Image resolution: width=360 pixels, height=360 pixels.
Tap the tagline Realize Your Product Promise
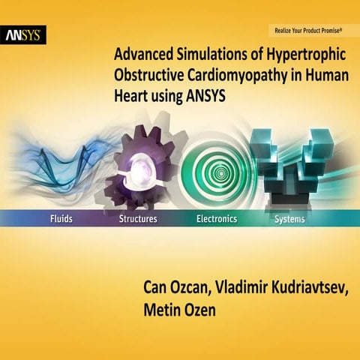pyautogui.click(x=307, y=31)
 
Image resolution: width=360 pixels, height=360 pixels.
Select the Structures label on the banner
pyautogui.click(x=138, y=219)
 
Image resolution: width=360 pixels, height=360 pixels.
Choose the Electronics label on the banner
pyautogui.click(x=216, y=219)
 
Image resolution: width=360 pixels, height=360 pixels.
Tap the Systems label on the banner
pyautogui.click(x=289, y=219)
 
